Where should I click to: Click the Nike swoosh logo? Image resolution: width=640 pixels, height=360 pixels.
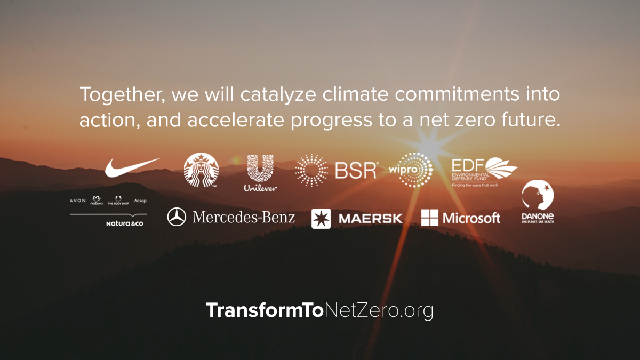(x=131, y=167)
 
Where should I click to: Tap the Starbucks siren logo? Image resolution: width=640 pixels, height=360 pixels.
(x=201, y=170)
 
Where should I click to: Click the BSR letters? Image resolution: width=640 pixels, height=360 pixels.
(x=355, y=170)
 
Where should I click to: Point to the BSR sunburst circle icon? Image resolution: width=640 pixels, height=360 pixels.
(x=312, y=170)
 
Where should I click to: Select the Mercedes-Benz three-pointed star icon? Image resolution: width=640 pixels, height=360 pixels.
(x=177, y=217)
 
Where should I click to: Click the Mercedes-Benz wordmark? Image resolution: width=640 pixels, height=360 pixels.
(x=244, y=217)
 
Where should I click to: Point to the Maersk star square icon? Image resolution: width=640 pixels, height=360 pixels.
(x=321, y=218)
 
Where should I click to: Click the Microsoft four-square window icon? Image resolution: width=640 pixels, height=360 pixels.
(x=429, y=218)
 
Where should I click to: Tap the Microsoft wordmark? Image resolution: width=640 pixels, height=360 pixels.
(x=471, y=218)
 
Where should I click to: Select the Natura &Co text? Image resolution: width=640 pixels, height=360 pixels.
(x=124, y=223)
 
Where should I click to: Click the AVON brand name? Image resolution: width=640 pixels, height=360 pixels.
(x=78, y=201)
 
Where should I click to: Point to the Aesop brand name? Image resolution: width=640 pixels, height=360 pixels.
(x=140, y=201)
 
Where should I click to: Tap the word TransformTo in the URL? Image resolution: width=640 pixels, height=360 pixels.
(x=265, y=310)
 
